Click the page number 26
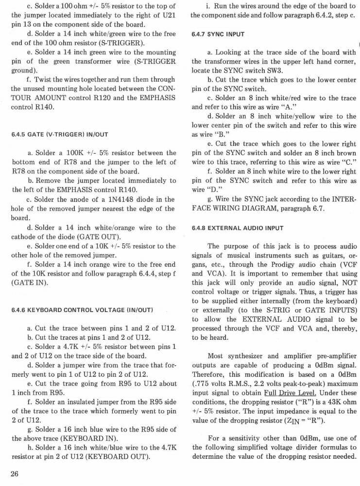coord(15,475)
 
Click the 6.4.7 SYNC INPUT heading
coord(218,35)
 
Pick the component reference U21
coord(167,15)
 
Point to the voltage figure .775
coord(201,384)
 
